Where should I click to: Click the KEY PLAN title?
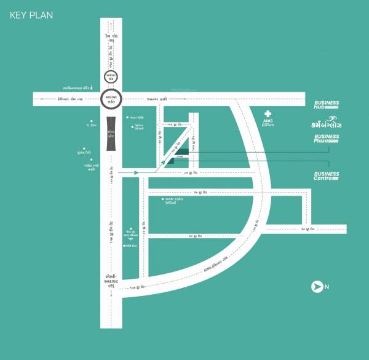31,15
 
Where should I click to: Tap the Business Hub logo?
326,105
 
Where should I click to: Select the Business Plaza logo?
326,139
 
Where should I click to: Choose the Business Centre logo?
326,177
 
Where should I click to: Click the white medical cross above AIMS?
268,113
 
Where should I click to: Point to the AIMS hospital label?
268,123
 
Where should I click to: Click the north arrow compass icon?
317,286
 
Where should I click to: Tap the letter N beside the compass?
327,286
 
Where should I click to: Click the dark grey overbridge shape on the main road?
111,134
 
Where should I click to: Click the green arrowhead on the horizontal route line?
137,173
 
